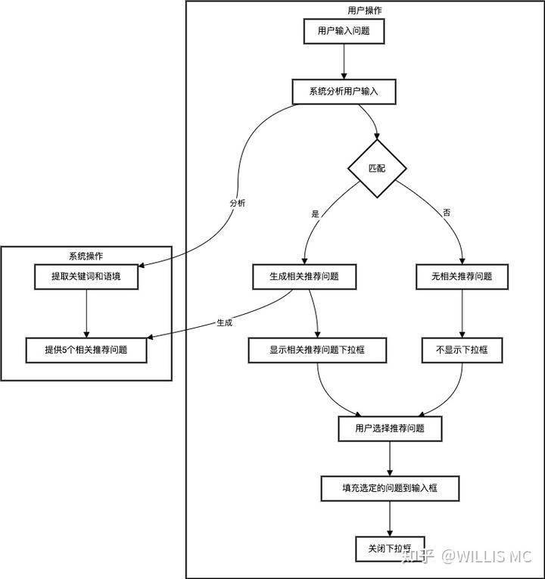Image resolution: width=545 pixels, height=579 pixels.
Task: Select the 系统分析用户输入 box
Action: tap(344, 92)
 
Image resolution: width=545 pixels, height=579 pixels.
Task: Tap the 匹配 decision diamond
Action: tap(377, 168)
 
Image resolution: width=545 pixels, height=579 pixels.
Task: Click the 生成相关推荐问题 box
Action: tap(304, 276)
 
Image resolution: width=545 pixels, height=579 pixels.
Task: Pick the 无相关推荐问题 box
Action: tap(462, 276)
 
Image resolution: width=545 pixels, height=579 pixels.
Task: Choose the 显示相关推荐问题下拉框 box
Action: tap(317, 350)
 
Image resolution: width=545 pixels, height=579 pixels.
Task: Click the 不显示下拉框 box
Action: tap(462, 350)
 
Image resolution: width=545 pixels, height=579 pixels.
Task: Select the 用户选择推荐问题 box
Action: tap(389, 428)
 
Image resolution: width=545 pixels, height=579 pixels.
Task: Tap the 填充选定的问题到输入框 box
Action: tap(389, 488)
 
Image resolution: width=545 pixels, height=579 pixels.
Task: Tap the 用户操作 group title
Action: tap(364, 11)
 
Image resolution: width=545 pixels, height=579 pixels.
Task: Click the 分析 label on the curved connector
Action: tap(238, 204)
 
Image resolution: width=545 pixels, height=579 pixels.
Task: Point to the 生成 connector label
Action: tap(224, 322)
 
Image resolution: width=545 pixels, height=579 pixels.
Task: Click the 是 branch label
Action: tap(316, 213)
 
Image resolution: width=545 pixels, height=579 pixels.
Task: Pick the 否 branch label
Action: tap(447, 213)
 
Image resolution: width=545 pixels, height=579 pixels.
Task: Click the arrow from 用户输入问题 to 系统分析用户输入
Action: tap(344, 61)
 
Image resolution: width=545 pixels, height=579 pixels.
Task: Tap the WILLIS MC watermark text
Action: tap(487, 558)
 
